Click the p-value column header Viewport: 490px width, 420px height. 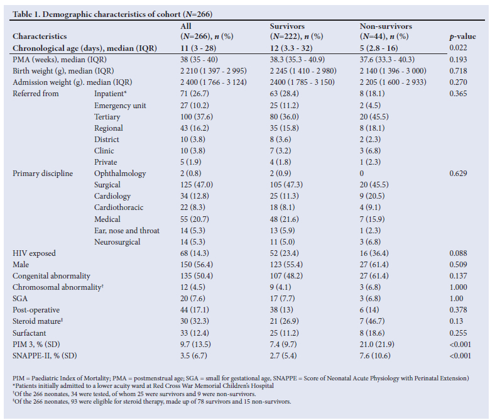(462, 36)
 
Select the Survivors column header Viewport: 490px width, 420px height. (297, 31)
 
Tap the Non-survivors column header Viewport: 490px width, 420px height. (386, 31)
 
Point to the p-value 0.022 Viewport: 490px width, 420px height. (458, 48)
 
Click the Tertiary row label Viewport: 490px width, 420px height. (107, 117)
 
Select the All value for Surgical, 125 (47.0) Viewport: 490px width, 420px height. (196, 185)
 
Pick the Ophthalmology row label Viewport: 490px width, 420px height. (120, 174)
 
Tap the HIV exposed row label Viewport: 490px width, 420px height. (34, 253)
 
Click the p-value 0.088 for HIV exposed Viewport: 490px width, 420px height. (458, 253)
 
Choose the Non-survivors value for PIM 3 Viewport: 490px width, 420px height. (377, 345)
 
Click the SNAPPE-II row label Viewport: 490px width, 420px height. (45, 356)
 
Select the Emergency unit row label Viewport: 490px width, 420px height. (120, 106)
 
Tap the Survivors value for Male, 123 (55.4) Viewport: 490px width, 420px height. (286, 265)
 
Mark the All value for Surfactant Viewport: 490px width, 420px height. (194, 333)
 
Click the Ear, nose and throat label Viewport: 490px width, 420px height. (127, 231)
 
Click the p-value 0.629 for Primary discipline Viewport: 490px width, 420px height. (458, 174)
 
